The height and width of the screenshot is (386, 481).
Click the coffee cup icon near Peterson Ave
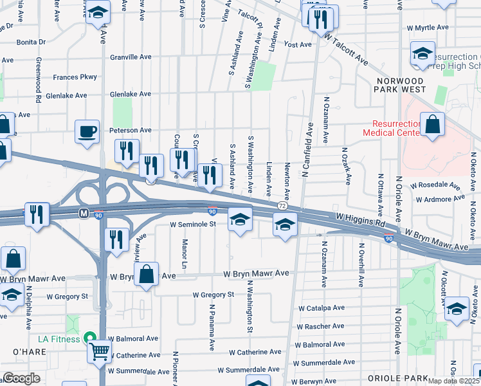click(x=87, y=132)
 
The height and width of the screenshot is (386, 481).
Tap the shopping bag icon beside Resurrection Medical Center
click(x=433, y=125)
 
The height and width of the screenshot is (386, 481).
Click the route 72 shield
click(x=282, y=205)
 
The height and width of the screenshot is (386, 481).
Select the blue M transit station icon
click(x=83, y=212)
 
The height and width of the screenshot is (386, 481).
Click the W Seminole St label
click(x=192, y=225)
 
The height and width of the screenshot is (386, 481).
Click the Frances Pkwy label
click(x=75, y=77)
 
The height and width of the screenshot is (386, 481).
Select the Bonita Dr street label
click(x=32, y=42)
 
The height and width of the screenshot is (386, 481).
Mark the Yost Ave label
click(x=298, y=44)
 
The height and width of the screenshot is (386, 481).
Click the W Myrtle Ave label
click(x=428, y=28)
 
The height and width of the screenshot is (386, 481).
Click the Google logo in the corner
click(x=21, y=378)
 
